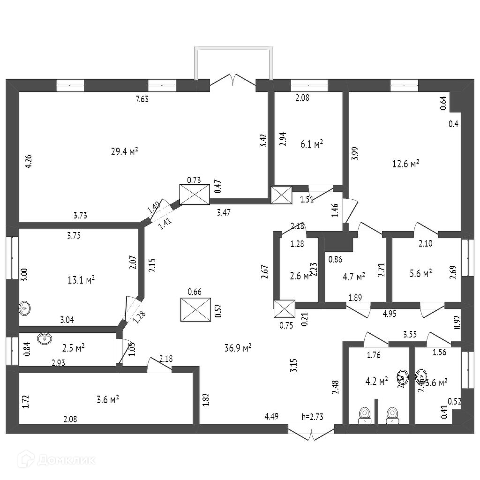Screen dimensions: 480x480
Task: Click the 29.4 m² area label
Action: [124, 151]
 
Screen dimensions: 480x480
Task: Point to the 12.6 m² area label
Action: [405, 164]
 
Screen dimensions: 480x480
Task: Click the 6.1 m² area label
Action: [312, 144]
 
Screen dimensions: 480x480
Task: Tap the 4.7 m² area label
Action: [354, 277]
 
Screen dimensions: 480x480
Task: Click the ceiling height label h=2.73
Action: [313, 416]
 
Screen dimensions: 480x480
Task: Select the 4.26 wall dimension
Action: [29, 161]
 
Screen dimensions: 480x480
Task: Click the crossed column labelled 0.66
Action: [195, 310]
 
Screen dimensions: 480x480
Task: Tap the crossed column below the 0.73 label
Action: [195, 195]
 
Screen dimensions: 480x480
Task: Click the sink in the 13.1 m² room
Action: [25, 309]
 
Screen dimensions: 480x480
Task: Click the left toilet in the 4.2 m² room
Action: [365, 415]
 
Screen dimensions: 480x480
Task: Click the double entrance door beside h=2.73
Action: [311, 432]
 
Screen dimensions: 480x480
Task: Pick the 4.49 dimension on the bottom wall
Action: [272, 416]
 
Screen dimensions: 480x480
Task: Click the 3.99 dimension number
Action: [355, 153]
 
